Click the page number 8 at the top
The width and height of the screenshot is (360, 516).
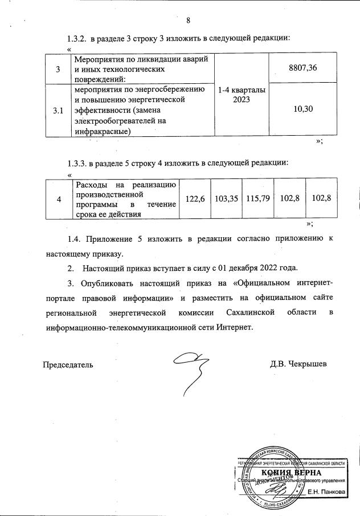point(188,22)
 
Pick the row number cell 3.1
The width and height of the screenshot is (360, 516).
point(58,111)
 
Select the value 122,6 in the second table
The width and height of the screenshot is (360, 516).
point(195,198)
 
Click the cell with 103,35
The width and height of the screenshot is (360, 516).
point(226,198)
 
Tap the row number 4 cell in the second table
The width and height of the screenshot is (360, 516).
point(59,198)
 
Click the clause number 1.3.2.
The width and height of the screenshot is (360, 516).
point(77,38)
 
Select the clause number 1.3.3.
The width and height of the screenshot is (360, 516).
point(77,162)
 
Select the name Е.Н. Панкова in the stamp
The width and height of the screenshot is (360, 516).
point(326,491)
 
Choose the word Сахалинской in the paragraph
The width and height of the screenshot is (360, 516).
point(251,312)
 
